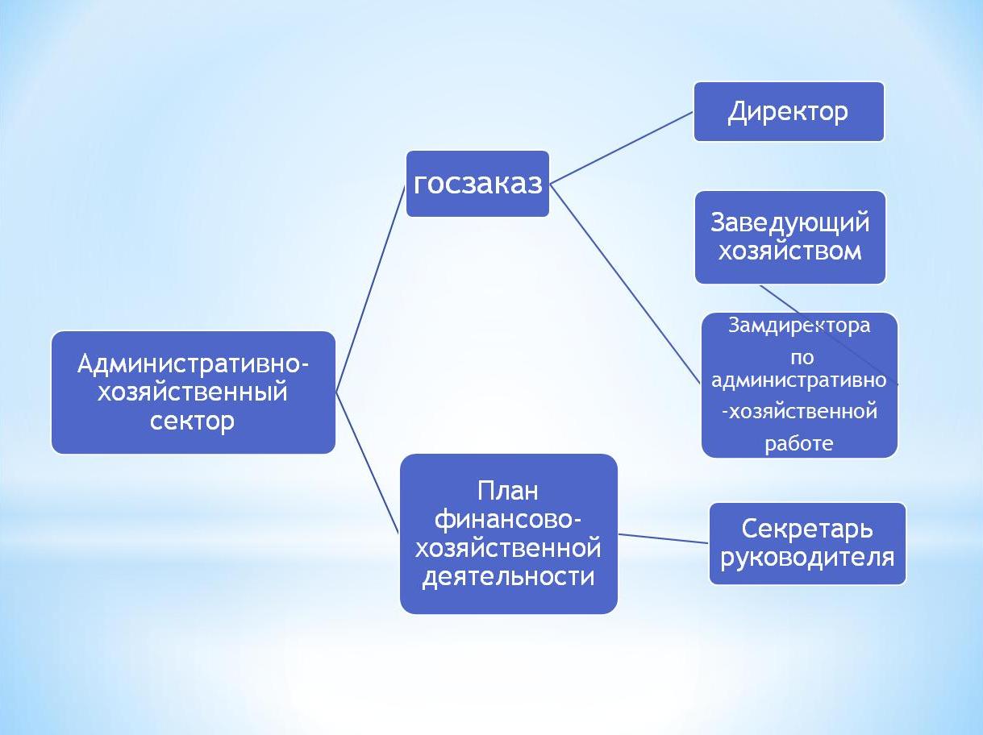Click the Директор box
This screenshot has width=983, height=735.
click(x=789, y=111)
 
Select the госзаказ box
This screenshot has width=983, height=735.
click(x=477, y=184)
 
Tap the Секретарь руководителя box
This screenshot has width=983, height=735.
click(x=807, y=543)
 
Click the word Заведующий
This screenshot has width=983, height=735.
click(x=790, y=223)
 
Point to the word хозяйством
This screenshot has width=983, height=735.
click(x=790, y=251)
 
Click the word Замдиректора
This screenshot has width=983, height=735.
click(x=799, y=326)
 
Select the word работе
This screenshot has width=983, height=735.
click(x=799, y=443)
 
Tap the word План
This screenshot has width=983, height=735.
click(x=508, y=491)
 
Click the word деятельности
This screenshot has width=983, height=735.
click(x=508, y=577)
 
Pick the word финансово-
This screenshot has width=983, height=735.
click(x=508, y=521)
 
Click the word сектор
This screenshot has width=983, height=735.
click(x=192, y=421)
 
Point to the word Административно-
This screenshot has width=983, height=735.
click(x=193, y=363)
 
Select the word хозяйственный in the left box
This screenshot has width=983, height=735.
click(x=193, y=392)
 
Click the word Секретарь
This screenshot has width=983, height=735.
click(x=807, y=529)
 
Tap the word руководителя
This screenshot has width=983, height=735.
click(x=807, y=558)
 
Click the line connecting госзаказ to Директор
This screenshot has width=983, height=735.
click(x=622, y=147)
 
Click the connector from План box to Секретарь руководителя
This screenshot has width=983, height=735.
click(x=664, y=538)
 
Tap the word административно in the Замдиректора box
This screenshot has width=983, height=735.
click(x=799, y=381)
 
